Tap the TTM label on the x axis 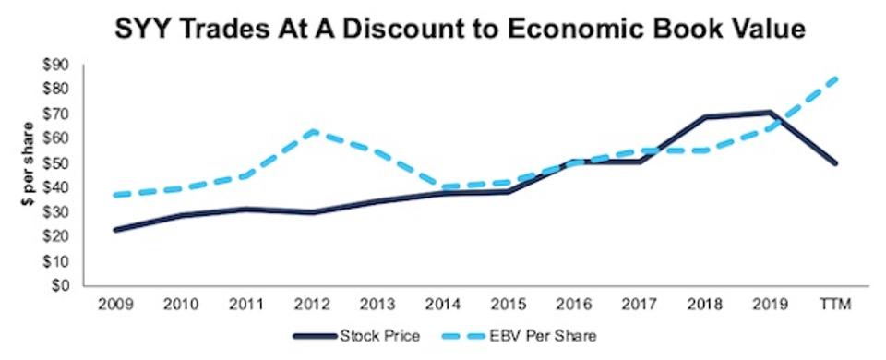[835, 304]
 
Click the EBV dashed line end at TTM [835, 78]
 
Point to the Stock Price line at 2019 [766, 113]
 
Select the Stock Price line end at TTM [835, 162]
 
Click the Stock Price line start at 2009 [114, 230]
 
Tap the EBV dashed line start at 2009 [114, 195]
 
